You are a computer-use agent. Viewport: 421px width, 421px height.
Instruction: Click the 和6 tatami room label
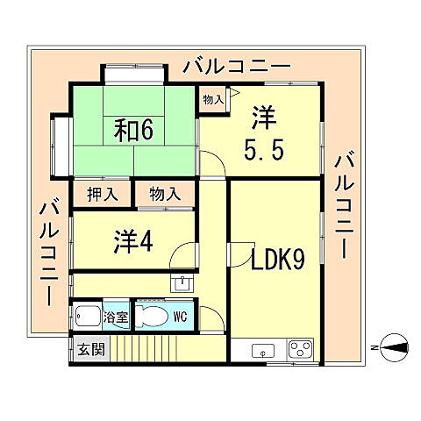pos(133,130)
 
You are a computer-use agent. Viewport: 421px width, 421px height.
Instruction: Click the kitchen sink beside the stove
pos(260,351)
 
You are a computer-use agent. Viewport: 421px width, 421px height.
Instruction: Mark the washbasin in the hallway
pos(182,282)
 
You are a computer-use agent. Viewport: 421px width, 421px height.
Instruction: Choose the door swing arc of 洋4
pos(182,257)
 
